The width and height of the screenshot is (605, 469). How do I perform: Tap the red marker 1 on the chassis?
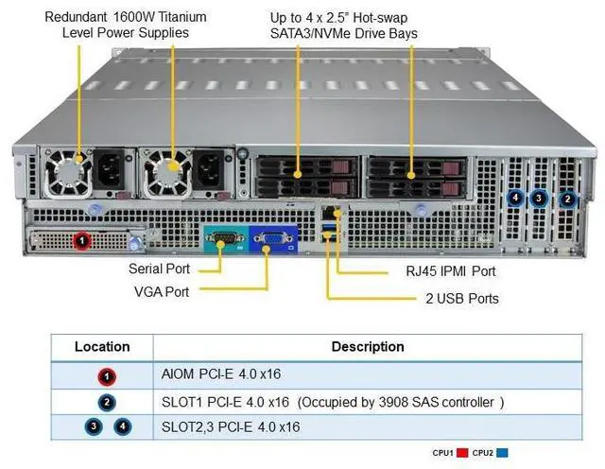click(x=83, y=242)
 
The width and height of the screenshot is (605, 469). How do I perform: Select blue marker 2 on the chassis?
click(x=567, y=199)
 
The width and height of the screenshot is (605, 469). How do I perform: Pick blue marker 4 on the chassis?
click(x=515, y=199)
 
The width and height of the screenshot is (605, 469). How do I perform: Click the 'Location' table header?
click(x=102, y=347)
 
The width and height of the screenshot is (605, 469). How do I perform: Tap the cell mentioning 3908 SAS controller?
click(x=332, y=402)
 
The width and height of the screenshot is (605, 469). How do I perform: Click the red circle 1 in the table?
click(x=108, y=376)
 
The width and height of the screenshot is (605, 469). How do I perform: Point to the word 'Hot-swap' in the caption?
click(x=375, y=17)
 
